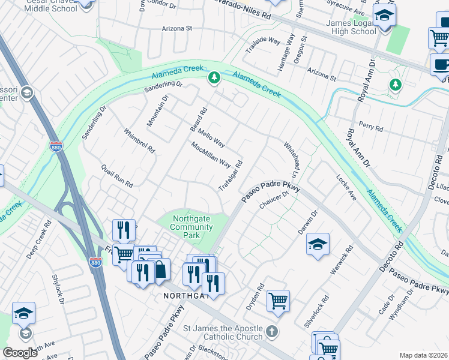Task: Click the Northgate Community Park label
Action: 191,227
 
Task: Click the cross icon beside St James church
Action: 272,331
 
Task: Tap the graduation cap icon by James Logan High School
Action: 384,16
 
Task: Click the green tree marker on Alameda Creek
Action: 213,77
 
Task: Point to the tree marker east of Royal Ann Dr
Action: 395,85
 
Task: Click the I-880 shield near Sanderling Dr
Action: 55,146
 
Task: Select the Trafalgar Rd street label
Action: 231,176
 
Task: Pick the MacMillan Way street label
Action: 211,155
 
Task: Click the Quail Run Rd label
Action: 116,176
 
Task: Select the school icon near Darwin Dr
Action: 318,244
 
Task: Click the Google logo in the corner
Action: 20,352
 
